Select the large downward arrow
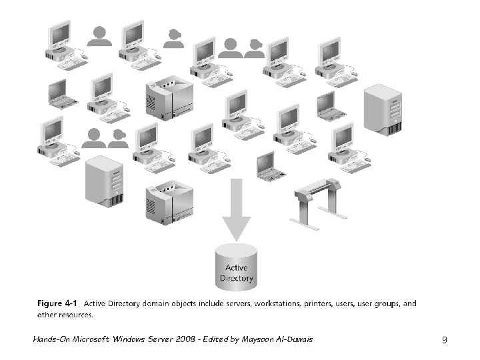pos(236,209)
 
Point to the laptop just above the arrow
pos(267,166)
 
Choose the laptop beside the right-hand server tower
pos(327,106)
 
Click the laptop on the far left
pos(59,93)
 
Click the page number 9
pos(444,340)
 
